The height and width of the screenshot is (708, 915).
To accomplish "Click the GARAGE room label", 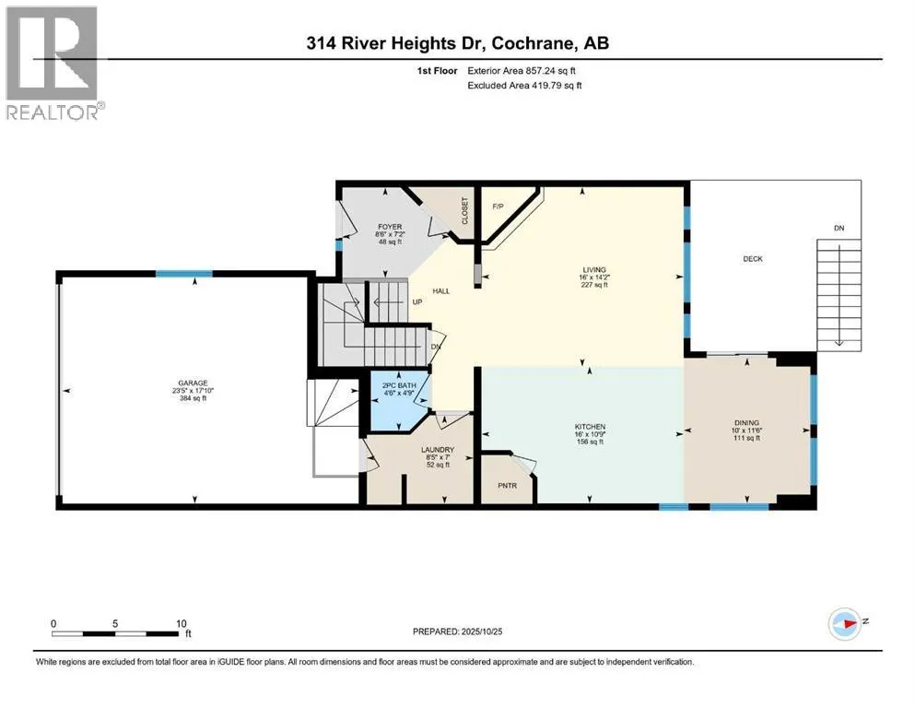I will (x=194, y=383).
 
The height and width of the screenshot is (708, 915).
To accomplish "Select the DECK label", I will (x=753, y=259).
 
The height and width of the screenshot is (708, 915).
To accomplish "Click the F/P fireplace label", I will (x=499, y=206).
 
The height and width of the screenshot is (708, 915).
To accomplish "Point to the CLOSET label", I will (x=465, y=211).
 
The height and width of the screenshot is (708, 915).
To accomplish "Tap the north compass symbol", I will (x=844, y=622).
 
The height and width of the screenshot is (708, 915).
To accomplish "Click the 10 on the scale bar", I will (x=182, y=622).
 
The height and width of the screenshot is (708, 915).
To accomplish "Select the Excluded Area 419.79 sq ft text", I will (x=525, y=85).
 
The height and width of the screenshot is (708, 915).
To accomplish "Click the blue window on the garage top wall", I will (x=183, y=274).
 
